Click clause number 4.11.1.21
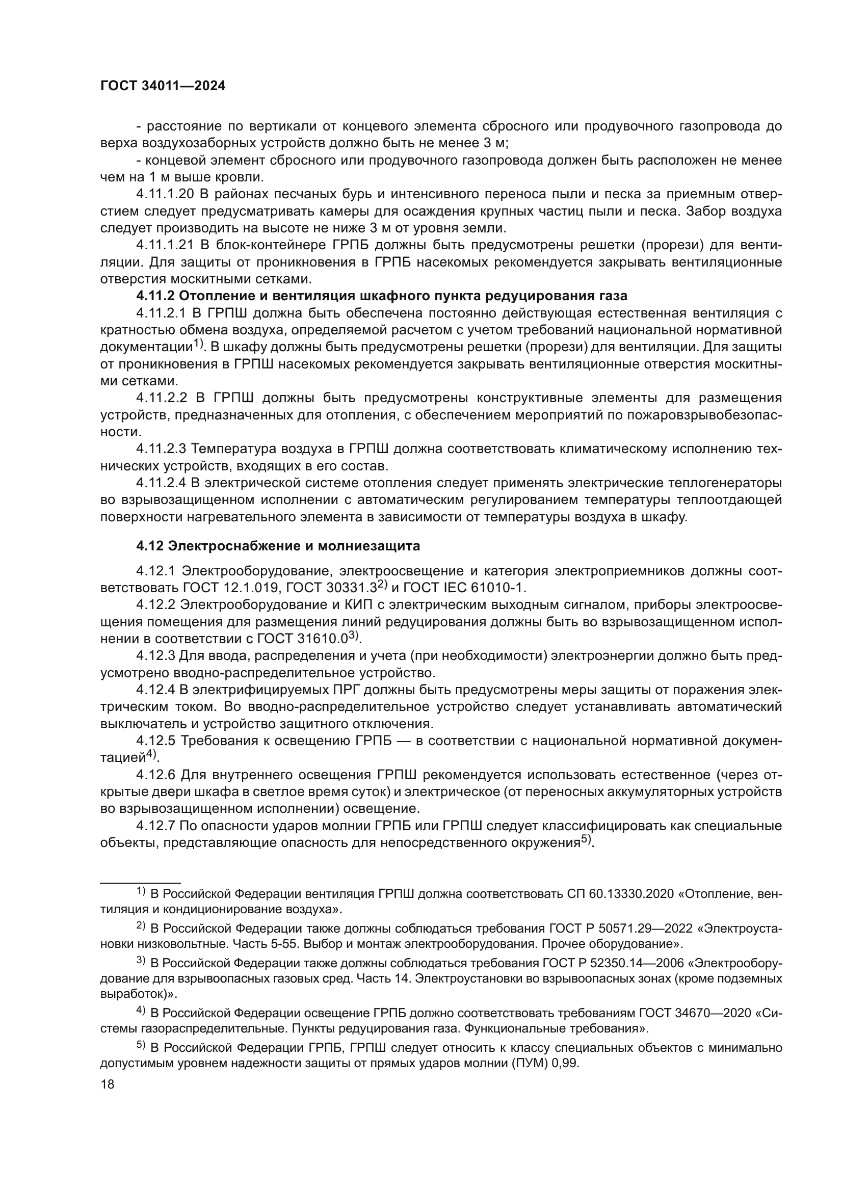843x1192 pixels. [x=164, y=245]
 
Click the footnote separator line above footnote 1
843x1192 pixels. [x=140, y=882]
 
